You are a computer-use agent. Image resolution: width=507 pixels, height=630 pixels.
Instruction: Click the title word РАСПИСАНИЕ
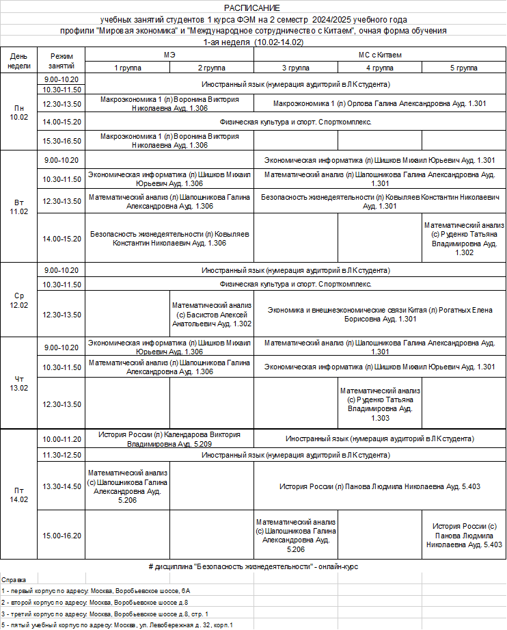coord(253,7)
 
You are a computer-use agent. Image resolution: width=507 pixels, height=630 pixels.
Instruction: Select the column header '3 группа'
coord(295,68)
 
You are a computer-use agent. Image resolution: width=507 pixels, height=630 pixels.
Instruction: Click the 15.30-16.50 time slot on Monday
coord(62,141)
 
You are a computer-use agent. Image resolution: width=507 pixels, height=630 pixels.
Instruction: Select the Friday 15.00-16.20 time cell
coord(62,536)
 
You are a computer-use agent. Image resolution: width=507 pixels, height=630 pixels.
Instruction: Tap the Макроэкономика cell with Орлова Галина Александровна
coord(379,103)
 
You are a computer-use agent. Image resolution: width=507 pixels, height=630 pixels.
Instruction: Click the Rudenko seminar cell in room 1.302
coord(464,239)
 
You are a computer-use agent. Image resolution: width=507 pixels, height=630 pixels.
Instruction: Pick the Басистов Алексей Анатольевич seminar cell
coord(211,314)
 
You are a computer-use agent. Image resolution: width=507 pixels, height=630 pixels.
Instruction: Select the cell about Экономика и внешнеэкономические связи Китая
coord(379,314)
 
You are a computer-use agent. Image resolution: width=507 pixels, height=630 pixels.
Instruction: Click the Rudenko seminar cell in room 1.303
coord(380,404)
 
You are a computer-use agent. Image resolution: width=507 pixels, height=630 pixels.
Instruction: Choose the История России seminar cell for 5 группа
coord(464,535)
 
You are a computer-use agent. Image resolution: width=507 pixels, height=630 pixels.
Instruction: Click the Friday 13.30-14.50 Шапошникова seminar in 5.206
coord(127,486)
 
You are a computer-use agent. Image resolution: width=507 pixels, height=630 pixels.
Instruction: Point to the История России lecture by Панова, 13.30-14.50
coord(379,486)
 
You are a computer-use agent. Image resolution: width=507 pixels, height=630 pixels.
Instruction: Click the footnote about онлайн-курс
coord(253,567)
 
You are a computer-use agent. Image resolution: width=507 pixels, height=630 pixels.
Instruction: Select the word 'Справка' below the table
coord(14,579)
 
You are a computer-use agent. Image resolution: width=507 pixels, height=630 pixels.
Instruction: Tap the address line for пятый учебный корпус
coord(118,625)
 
